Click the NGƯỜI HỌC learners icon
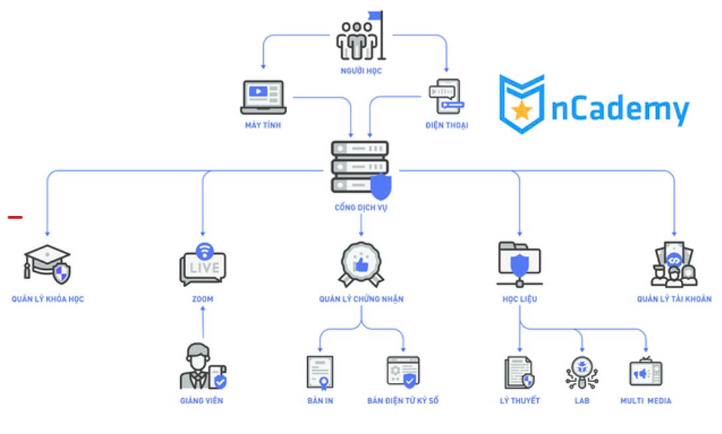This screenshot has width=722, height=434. (360, 39)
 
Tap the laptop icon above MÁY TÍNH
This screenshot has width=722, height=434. (263, 97)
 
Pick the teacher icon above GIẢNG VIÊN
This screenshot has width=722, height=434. (202, 366)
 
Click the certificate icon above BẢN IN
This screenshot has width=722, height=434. (320, 372)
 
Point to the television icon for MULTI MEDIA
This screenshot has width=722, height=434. (646, 372)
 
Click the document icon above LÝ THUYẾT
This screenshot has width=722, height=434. (519, 372)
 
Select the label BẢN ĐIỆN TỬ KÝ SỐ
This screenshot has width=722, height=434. (403, 401)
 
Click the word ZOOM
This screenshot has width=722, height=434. (203, 299)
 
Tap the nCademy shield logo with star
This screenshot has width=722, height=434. (522, 104)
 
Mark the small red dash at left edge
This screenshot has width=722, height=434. (15, 217)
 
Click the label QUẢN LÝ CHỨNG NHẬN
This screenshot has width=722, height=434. (361, 299)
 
